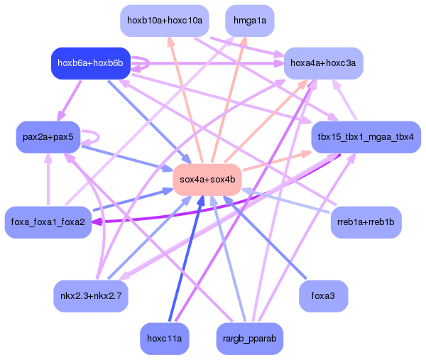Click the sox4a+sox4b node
(x=208, y=179)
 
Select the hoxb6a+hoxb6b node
(x=90, y=63)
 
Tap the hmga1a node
(x=249, y=21)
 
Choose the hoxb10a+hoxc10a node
(x=165, y=21)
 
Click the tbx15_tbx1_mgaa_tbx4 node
(x=366, y=137)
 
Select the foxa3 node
(x=324, y=295)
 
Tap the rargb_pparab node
(x=249, y=338)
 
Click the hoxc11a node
(x=165, y=338)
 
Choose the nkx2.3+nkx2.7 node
(x=91, y=295)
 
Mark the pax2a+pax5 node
(x=48, y=137)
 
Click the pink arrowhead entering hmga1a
(x=244, y=41)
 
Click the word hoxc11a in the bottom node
(x=165, y=338)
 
